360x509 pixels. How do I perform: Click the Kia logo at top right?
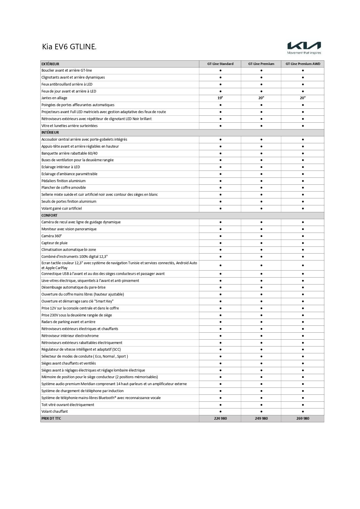(x=304, y=46)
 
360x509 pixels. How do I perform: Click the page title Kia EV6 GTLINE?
(x=69, y=47)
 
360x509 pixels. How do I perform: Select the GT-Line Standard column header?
(x=220, y=64)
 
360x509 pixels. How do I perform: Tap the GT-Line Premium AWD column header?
(x=303, y=64)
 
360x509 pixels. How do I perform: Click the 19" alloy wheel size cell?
(x=220, y=98)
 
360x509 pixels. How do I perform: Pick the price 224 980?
(x=220, y=419)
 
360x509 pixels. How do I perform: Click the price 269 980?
(x=303, y=419)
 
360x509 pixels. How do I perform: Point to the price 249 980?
(x=261, y=419)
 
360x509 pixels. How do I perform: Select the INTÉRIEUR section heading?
(x=50, y=133)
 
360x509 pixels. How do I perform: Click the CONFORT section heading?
(x=49, y=215)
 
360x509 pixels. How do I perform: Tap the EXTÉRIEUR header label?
(x=50, y=64)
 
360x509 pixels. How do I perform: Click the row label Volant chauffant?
(x=55, y=412)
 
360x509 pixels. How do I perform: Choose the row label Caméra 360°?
(x=52, y=236)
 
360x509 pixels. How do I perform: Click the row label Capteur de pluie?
(x=55, y=243)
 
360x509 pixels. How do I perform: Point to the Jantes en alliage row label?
(x=54, y=98)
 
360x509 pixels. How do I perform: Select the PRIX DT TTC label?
(x=51, y=419)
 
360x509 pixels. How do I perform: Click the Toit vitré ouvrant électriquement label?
(x=68, y=405)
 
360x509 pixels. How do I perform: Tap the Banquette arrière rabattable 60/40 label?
(x=70, y=153)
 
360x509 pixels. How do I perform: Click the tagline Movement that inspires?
(x=304, y=53)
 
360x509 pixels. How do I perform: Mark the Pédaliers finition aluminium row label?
(x=64, y=181)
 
